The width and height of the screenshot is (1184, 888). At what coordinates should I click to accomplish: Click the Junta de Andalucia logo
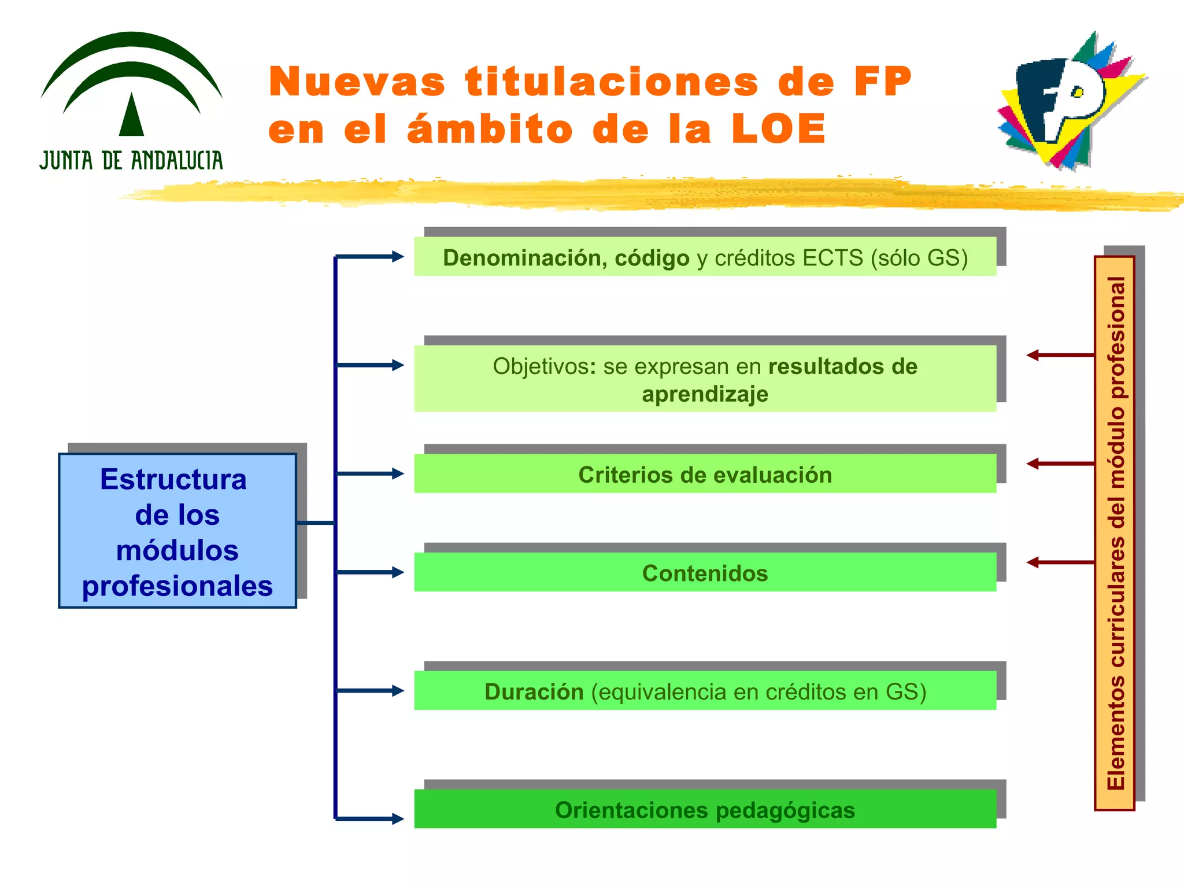point(131,101)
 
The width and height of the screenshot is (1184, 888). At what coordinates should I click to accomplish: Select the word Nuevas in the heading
point(357,82)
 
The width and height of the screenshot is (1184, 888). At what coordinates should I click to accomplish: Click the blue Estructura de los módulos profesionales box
point(177,531)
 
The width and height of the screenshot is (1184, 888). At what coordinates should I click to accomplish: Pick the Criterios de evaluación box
point(705,474)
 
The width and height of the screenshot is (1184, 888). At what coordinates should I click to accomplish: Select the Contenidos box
point(705,572)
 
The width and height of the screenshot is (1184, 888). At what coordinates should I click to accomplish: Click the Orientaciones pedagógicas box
point(705,809)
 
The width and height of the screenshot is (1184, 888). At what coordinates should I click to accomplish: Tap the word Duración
point(534,691)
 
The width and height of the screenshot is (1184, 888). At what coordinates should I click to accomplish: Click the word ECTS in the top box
point(832,258)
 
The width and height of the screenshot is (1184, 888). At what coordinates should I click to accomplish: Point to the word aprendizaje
point(705,394)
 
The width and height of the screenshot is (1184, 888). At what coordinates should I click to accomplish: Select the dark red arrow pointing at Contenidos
point(1060,562)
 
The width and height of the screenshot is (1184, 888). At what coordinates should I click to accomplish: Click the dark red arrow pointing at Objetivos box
point(1060,355)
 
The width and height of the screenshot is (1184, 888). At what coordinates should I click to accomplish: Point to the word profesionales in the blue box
point(177,586)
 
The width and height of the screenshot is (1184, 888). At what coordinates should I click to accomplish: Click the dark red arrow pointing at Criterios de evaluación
point(1060,464)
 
